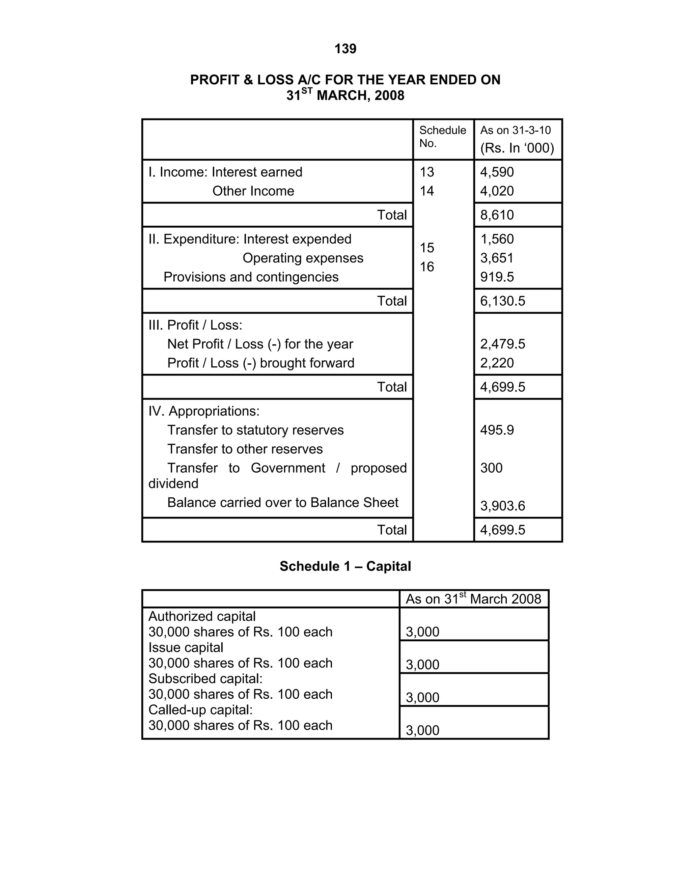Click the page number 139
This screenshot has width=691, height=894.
click(345, 49)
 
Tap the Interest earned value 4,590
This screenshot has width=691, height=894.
click(497, 172)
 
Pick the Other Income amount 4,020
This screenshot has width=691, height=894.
click(497, 191)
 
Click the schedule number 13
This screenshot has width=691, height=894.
click(426, 172)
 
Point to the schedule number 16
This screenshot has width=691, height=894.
click(426, 267)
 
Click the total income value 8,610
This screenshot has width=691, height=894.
click(497, 215)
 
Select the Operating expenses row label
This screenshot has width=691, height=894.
click(303, 258)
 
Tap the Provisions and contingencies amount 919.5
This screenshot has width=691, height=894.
click(497, 277)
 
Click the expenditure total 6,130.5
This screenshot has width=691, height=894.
click(502, 301)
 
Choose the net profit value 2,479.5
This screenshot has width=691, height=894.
click(502, 344)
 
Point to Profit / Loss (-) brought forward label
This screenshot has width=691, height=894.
click(260, 363)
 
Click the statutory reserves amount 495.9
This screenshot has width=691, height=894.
click(497, 430)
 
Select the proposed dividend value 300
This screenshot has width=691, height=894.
click(491, 468)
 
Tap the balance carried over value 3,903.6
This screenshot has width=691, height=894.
click(502, 506)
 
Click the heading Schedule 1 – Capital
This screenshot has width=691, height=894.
click(345, 566)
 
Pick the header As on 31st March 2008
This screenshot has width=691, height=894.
click(473, 598)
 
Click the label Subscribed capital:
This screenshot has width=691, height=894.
click(205, 678)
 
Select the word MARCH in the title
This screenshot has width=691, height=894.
click(342, 95)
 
